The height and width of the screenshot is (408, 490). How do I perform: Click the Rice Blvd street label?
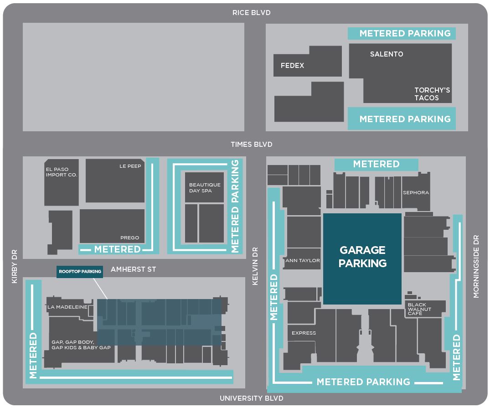(251, 13)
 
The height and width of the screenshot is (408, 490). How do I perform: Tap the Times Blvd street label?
(251, 145)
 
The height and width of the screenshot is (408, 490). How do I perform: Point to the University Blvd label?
(251, 398)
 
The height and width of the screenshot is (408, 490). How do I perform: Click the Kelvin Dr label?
(255, 267)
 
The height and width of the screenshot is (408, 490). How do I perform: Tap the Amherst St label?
(133, 269)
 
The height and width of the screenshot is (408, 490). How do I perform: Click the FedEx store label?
(292, 66)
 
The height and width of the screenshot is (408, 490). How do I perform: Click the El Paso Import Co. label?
(62, 172)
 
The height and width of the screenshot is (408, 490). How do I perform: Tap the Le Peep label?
(130, 166)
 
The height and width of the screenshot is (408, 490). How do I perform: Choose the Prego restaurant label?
(130, 238)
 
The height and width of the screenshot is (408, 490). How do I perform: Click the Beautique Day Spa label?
(205, 187)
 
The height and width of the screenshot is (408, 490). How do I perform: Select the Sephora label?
(416, 193)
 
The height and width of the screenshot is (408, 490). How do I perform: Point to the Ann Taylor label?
(303, 261)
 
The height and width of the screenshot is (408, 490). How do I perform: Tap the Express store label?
(304, 333)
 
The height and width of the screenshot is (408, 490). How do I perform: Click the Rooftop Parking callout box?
(80, 272)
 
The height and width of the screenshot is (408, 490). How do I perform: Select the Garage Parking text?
(362, 257)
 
